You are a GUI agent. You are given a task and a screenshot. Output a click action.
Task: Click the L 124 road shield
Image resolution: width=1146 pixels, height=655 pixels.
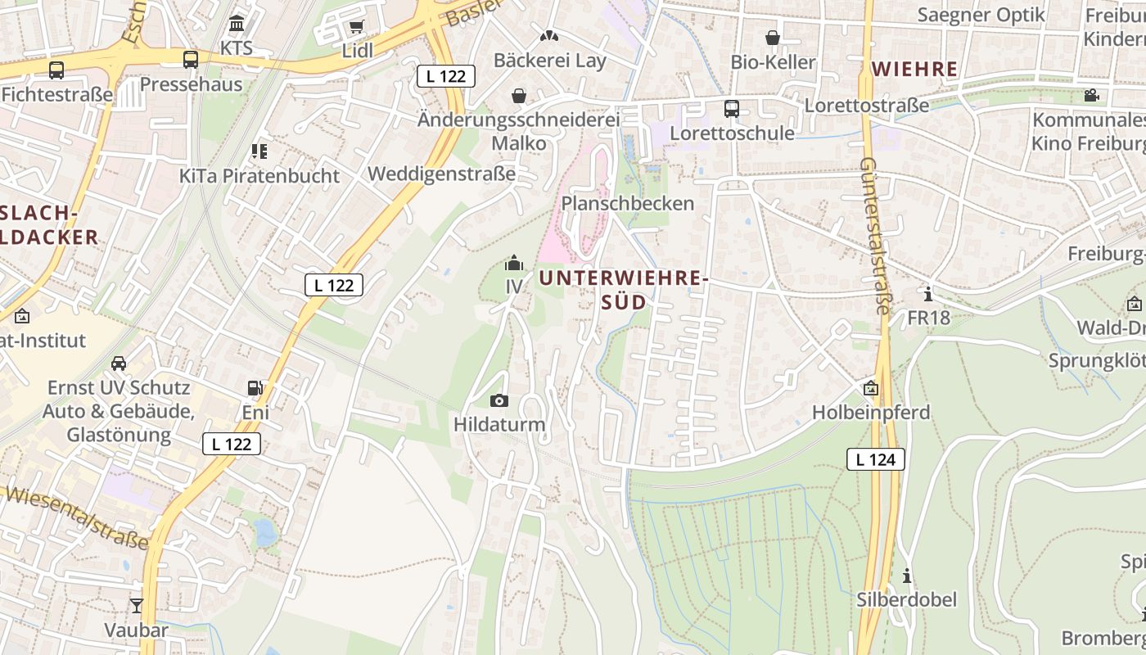[x=875, y=459]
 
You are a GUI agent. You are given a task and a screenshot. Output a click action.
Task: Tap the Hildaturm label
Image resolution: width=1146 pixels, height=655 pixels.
[x=499, y=425]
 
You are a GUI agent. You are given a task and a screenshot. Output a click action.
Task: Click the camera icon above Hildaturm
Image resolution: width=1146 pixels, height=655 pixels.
[x=499, y=400]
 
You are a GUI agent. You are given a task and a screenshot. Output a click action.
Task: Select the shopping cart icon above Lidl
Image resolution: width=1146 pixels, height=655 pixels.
[x=356, y=27]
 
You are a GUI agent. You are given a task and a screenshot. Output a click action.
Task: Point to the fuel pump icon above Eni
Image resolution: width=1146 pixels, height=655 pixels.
[x=255, y=388]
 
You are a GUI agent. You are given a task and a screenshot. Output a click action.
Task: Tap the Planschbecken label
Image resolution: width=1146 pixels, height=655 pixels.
[x=628, y=203]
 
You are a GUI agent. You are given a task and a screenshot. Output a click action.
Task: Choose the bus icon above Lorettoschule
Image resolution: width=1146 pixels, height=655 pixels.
[x=732, y=109]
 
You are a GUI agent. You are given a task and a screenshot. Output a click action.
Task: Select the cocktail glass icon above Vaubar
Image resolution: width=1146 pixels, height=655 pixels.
[x=136, y=606]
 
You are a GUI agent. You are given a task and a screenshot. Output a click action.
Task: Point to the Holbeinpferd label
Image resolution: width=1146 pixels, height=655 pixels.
[x=871, y=413]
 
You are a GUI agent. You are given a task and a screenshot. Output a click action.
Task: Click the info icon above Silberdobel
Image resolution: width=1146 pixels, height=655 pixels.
[x=906, y=576]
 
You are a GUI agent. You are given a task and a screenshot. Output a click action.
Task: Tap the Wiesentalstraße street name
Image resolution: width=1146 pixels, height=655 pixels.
[x=78, y=517]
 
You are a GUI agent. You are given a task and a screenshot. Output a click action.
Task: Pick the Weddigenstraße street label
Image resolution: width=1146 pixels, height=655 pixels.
[x=442, y=174]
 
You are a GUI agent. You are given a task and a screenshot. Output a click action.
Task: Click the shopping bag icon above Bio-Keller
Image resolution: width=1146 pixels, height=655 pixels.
[x=773, y=38]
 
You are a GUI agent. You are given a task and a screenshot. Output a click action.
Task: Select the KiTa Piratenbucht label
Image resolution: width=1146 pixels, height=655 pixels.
[x=259, y=176]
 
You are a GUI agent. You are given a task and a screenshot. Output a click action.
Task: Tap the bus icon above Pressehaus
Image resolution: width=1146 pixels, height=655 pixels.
[x=191, y=60]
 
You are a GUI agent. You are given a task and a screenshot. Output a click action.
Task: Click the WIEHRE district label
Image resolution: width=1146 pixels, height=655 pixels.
[x=915, y=69]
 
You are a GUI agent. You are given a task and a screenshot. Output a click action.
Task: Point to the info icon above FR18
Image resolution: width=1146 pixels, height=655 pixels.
[x=927, y=293]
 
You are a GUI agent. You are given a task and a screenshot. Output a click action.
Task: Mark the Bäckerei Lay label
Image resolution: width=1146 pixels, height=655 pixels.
[x=550, y=61]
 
